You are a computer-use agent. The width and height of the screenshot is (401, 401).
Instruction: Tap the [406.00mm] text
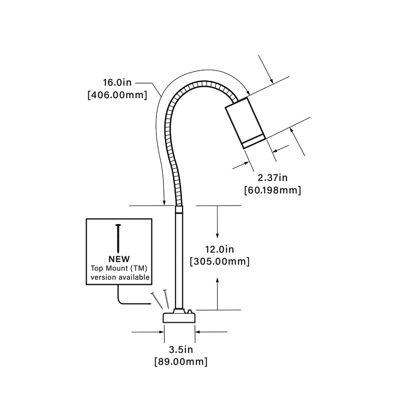[117, 95]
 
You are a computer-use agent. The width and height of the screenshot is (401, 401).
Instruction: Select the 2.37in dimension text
[272, 178]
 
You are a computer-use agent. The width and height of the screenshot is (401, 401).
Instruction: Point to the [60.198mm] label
[272, 190]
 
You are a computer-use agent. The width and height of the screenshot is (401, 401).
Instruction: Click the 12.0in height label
[220, 249]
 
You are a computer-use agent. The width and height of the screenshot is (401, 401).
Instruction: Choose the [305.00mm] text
[220, 261]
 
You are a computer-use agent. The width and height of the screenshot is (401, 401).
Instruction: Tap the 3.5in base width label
[180, 349]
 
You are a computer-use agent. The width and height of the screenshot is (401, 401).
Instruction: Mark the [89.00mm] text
[180, 361]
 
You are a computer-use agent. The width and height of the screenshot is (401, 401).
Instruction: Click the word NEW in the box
[119, 259]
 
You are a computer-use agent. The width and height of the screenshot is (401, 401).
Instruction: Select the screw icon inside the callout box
[119, 238]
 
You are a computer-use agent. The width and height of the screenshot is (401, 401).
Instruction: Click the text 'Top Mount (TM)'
[119, 268]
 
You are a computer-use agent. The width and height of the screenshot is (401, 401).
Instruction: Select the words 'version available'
[119, 277]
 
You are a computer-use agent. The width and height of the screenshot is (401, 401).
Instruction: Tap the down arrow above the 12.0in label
[218, 223]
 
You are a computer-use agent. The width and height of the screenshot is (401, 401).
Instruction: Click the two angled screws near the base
[160, 299]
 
